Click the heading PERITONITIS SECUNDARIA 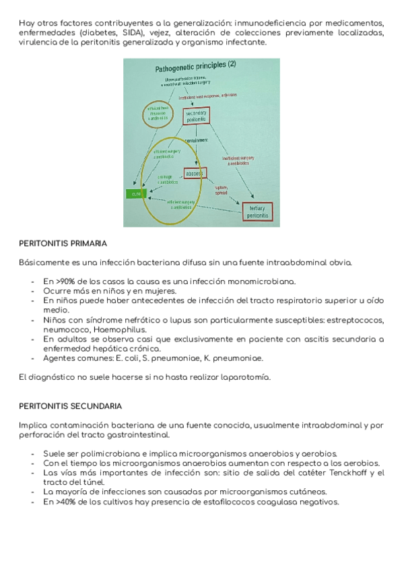(x=70, y=406)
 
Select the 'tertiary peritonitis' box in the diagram (x=257, y=210)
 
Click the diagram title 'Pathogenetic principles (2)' (x=196, y=67)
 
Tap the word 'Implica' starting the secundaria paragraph (x=33, y=426)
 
